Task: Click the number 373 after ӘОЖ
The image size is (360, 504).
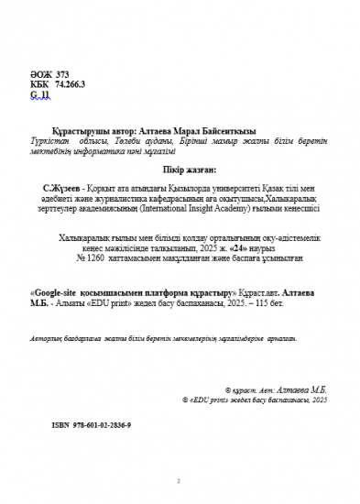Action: coord(62,72)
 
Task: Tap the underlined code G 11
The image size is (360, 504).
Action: coord(38,93)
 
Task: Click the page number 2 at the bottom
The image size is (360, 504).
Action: coord(180,479)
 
